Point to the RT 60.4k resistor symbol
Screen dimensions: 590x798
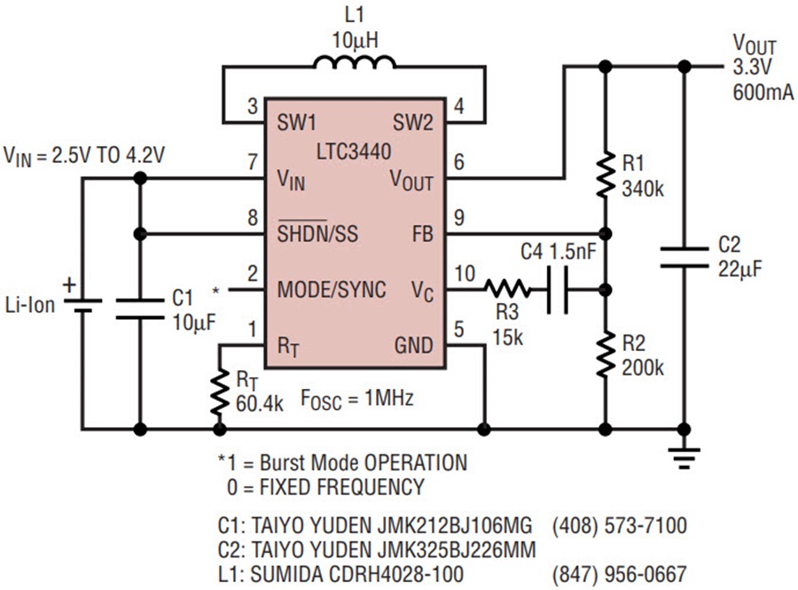tap(218, 393)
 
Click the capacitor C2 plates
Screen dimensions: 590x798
tap(684, 258)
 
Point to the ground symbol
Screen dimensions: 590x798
tap(684, 456)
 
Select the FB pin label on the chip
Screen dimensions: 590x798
tap(421, 236)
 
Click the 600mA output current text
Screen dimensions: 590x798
tap(763, 91)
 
